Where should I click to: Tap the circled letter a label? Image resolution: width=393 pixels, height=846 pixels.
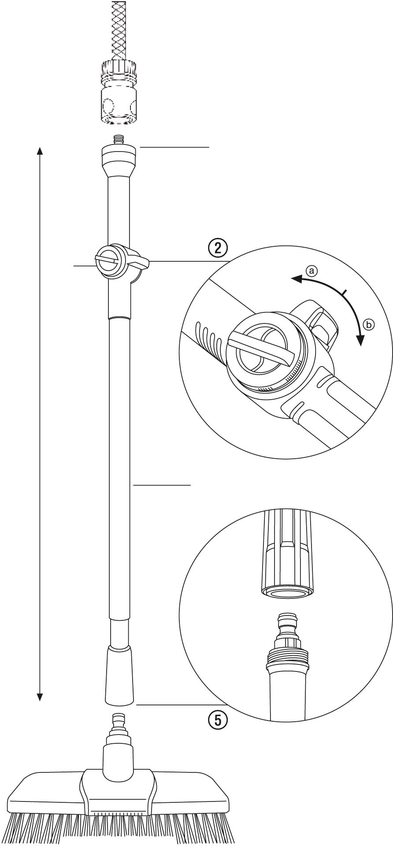click(x=311, y=270)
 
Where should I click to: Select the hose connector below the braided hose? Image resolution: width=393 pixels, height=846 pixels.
click(x=119, y=92)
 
